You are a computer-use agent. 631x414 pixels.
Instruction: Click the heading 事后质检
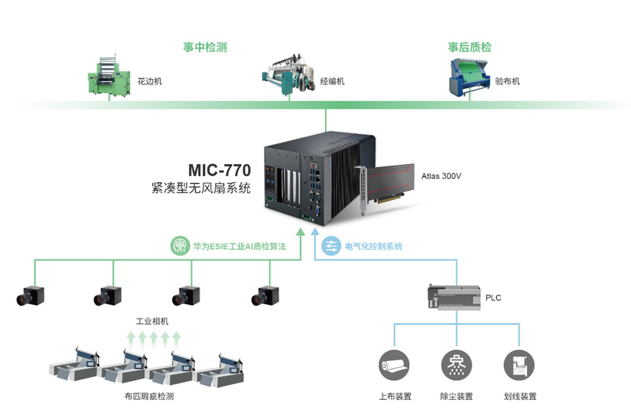click(x=469, y=47)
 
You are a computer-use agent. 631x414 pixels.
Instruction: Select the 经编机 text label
click(x=332, y=81)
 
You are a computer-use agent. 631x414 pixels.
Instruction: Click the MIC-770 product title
click(x=219, y=170)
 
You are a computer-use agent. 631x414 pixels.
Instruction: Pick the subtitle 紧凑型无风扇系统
click(x=201, y=188)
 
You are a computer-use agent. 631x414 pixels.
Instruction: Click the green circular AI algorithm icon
click(x=181, y=246)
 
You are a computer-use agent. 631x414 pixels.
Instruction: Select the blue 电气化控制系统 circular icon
click(x=331, y=246)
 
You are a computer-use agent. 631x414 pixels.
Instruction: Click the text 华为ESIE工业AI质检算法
click(x=239, y=247)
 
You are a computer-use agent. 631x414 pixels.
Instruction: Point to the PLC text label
click(x=493, y=297)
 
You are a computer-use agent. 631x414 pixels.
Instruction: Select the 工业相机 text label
click(x=152, y=322)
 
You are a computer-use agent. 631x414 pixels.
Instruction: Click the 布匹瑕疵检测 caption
click(x=149, y=397)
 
